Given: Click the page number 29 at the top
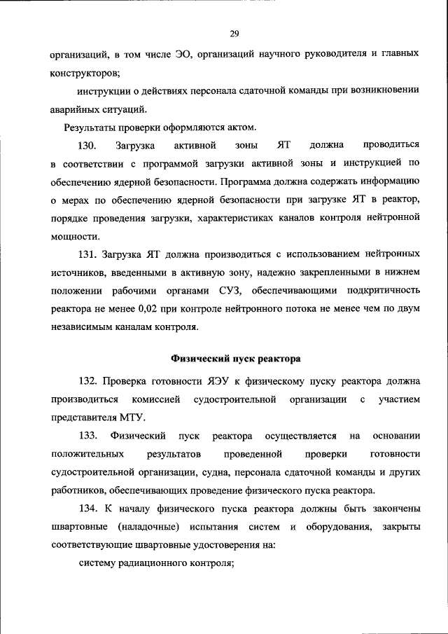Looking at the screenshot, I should (235, 33).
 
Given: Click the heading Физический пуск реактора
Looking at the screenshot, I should (236, 359).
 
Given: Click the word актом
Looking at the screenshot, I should (242, 127).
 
